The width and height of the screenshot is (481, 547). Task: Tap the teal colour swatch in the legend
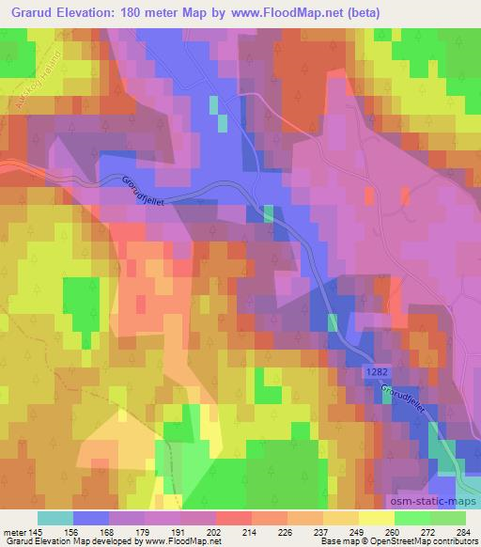click(x=55, y=518)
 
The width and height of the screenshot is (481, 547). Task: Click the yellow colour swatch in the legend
click(x=377, y=518)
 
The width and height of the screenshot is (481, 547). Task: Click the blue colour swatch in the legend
click(x=91, y=518)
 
